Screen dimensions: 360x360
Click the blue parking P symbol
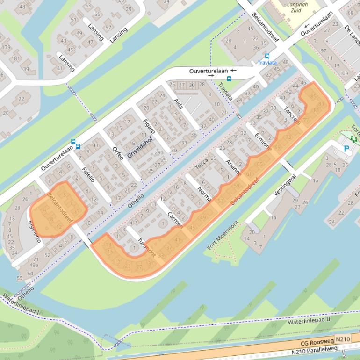point(346,149)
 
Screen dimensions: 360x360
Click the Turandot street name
point(147,246)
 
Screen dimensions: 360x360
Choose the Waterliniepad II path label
point(309,321)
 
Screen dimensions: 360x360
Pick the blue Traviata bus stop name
point(267,62)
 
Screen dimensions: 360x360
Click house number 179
point(6,47)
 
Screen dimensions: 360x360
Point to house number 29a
point(159,152)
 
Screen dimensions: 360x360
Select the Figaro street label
point(149,129)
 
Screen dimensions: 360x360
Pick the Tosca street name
point(202,164)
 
